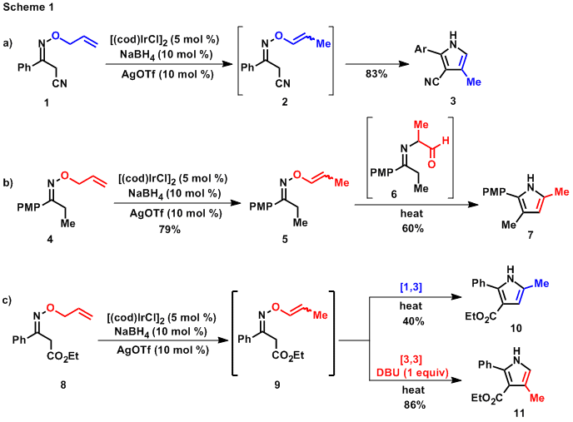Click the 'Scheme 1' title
[29, 7]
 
